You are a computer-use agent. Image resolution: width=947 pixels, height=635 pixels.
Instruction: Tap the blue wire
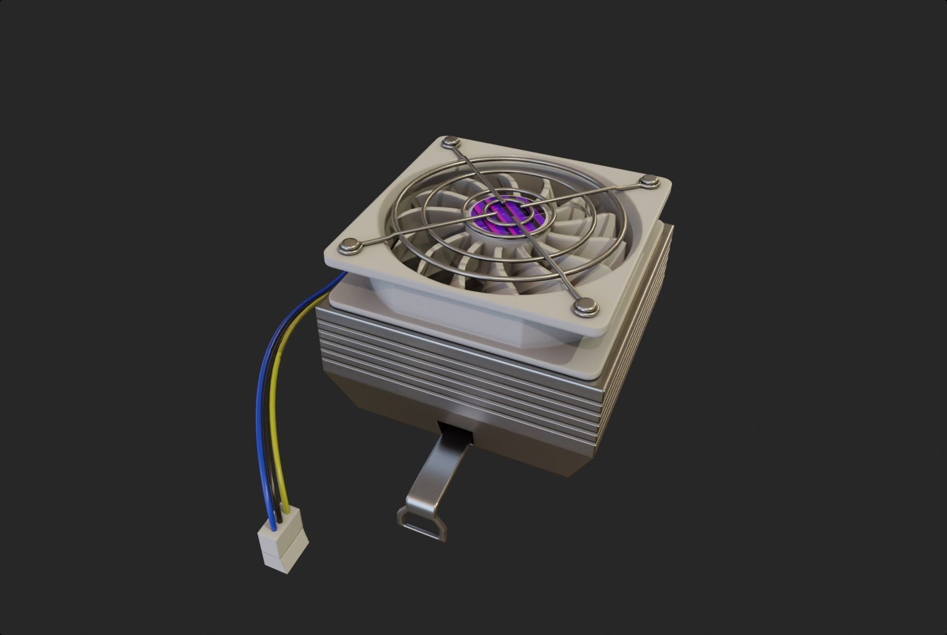tap(261, 416)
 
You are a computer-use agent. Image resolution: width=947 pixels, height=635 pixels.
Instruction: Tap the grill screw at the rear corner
tap(452, 143)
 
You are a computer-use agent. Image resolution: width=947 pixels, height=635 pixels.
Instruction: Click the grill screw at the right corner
tap(650, 180)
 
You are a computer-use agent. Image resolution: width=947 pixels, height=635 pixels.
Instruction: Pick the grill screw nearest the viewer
tap(585, 308)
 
